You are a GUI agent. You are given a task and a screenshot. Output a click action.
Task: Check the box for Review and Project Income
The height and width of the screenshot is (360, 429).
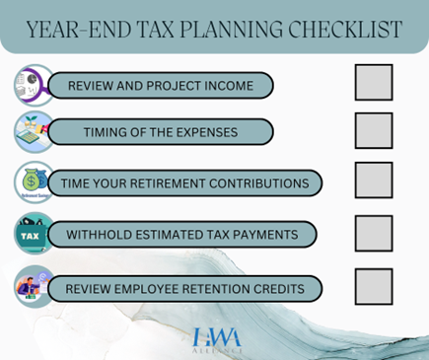click(374, 83)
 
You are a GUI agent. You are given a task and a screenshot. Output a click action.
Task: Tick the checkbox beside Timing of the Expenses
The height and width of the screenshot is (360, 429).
click(374, 131)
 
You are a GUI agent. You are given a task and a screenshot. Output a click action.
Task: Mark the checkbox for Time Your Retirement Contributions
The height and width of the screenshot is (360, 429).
click(374, 180)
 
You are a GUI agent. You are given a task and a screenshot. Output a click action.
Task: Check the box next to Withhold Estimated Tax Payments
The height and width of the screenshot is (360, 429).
click(374, 234)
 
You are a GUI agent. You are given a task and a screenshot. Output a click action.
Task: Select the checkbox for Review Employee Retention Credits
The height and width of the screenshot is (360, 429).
click(374, 287)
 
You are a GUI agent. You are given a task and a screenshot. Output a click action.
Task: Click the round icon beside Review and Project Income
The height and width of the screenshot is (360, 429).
click(34, 85)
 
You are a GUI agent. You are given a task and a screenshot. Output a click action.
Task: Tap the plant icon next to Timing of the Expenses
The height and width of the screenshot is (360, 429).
click(34, 132)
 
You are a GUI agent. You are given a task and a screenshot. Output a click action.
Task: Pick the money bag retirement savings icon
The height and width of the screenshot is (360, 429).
click(34, 182)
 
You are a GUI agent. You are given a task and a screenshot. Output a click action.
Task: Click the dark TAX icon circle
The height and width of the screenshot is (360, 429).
click(34, 235)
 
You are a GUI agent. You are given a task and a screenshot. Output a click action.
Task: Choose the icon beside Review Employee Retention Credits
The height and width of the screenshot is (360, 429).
click(34, 288)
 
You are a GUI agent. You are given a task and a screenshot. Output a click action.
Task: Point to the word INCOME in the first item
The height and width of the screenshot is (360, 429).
click(226, 86)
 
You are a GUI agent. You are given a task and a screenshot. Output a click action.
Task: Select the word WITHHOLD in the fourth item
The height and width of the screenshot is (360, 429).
click(104, 235)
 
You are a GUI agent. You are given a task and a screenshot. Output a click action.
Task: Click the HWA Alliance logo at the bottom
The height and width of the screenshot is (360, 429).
click(215, 338)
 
